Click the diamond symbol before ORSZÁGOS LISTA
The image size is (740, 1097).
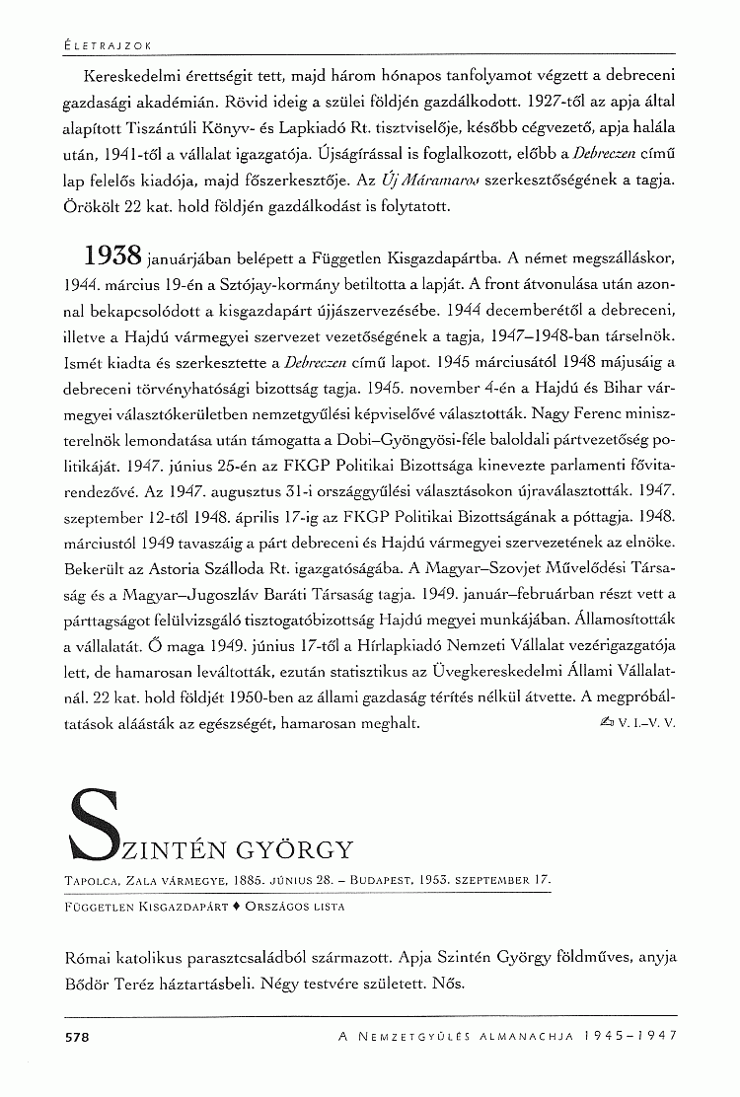tap(236, 904)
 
